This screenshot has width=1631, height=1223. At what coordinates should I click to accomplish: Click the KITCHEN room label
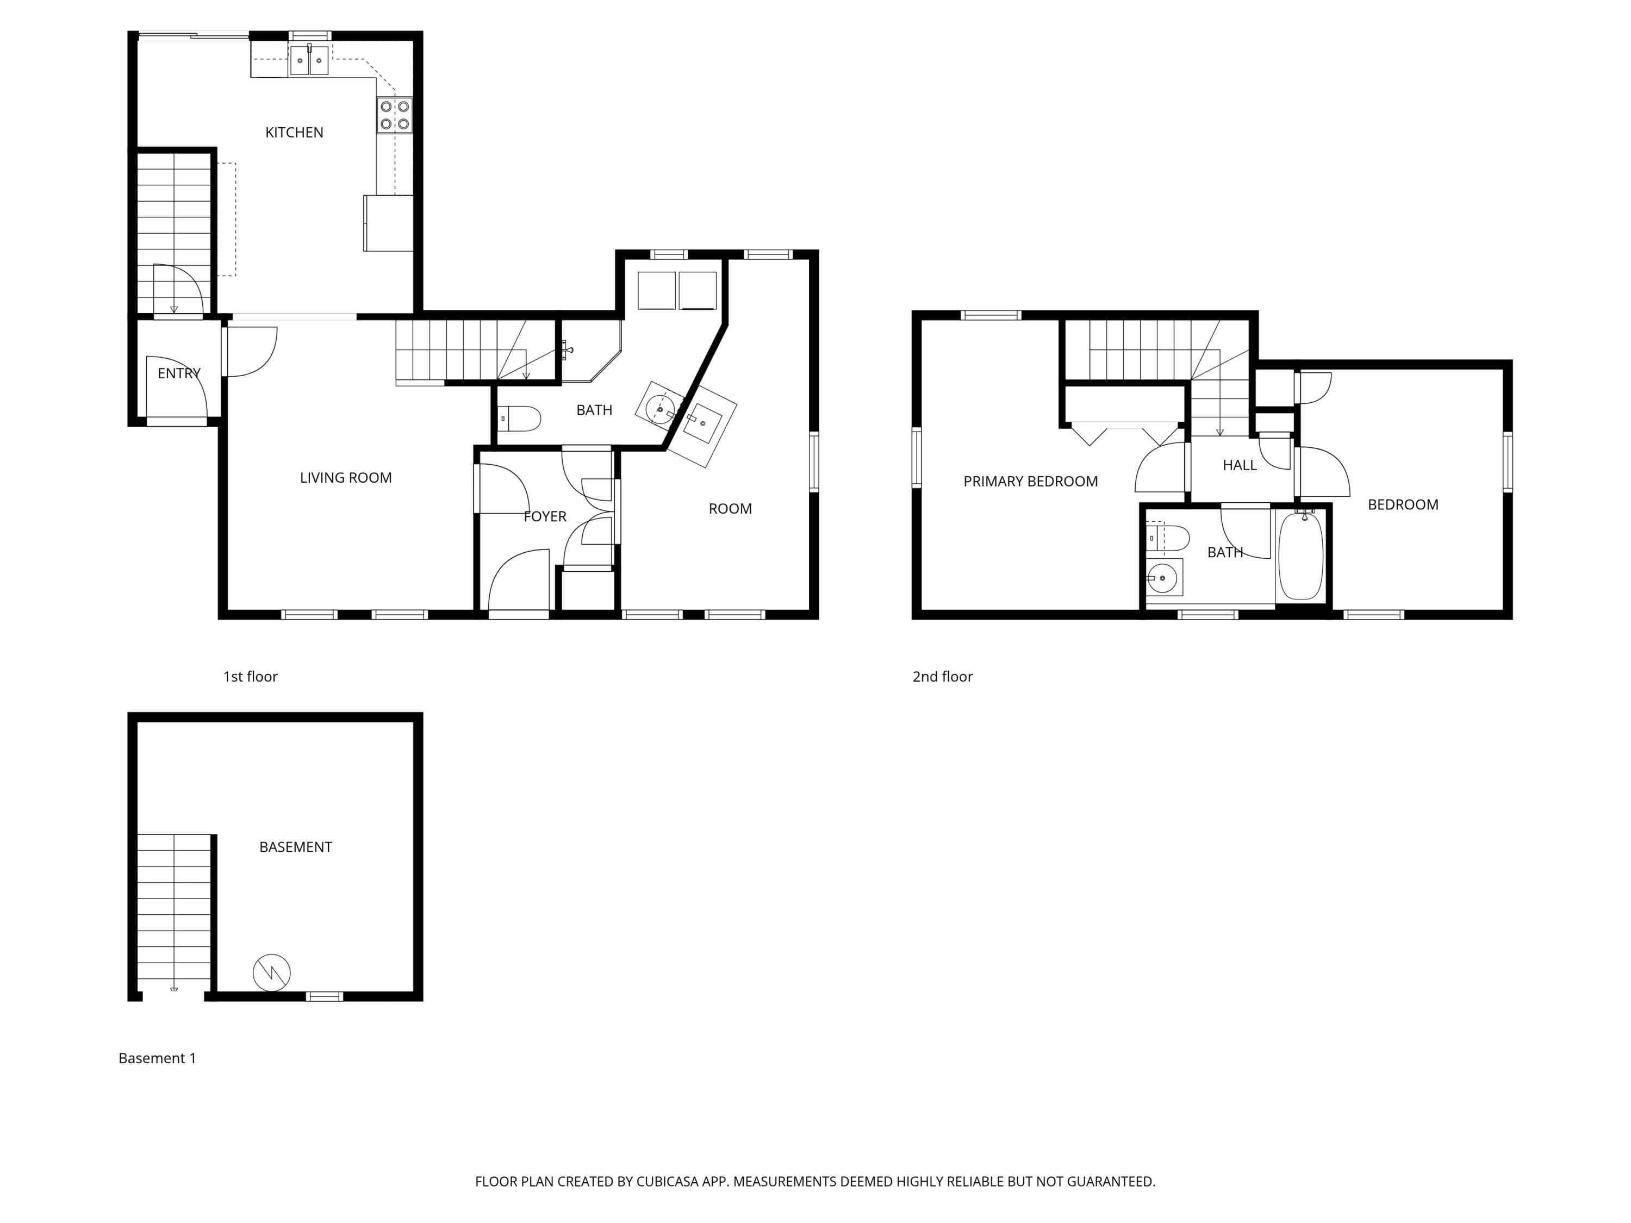pyautogui.click(x=294, y=133)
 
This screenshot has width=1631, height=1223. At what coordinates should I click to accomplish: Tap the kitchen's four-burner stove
pyautogui.click(x=395, y=115)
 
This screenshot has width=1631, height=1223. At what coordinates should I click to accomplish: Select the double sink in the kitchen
pyautogui.click(x=309, y=60)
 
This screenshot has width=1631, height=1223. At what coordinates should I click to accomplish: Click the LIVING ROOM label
pyautogui.click(x=345, y=478)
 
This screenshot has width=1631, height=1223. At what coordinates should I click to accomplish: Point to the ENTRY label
pyautogui.click(x=178, y=374)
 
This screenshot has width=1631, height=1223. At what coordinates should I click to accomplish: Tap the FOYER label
pyautogui.click(x=545, y=517)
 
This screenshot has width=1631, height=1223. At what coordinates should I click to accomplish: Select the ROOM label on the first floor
pyautogui.click(x=730, y=509)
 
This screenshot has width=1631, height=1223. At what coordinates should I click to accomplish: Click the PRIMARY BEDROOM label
pyautogui.click(x=1030, y=482)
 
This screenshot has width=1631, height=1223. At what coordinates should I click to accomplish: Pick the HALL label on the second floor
pyautogui.click(x=1240, y=465)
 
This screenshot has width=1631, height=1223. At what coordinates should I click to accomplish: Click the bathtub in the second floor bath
pyautogui.click(x=1300, y=557)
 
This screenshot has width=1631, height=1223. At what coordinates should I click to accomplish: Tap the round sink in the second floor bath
pyautogui.click(x=1163, y=578)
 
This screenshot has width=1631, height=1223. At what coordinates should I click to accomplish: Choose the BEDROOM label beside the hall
pyautogui.click(x=1403, y=505)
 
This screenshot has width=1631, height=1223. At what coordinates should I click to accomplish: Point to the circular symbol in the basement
pyautogui.click(x=271, y=973)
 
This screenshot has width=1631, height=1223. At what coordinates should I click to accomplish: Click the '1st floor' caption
pyautogui.click(x=250, y=677)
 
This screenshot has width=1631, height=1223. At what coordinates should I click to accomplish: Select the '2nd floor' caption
pyautogui.click(x=942, y=677)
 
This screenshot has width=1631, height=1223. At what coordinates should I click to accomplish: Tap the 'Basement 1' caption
pyautogui.click(x=157, y=1059)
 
